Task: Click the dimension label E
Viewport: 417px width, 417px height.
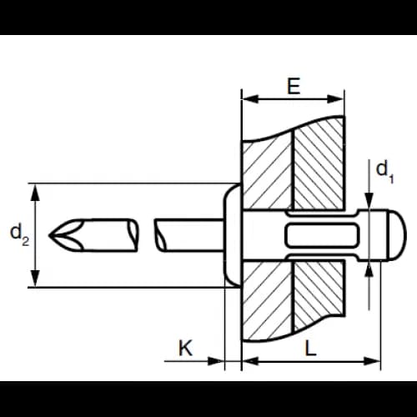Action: [294, 86]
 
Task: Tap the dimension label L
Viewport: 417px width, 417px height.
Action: [310, 348]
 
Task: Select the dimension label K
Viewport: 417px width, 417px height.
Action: [185, 348]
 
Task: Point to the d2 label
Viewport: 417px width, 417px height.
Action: [19, 234]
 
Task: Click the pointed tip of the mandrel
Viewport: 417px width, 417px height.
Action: [49, 235]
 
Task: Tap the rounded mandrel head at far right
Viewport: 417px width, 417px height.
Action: [397, 235]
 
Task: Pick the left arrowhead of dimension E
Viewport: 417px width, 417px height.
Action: [249, 98]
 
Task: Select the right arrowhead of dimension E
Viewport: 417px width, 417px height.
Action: [336, 98]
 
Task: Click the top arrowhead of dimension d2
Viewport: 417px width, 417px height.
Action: [35, 192]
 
